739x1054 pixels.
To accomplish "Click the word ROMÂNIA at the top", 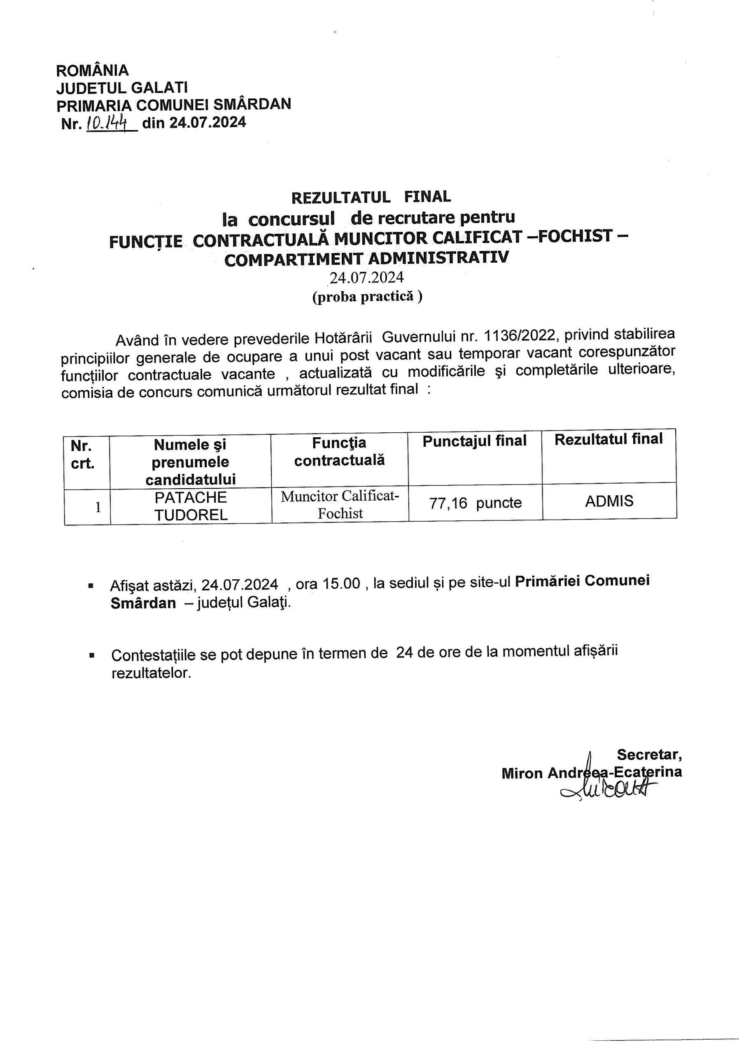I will (x=92, y=71).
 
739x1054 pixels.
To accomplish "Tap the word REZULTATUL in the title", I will (x=340, y=197).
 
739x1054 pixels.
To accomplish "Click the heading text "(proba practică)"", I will (x=367, y=297).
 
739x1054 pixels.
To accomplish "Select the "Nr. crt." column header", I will (x=83, y=454).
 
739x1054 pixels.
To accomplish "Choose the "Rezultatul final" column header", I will (x=608, y=440).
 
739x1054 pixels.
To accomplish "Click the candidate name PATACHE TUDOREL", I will (x=191, y=506).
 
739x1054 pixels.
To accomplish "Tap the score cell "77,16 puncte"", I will (x=475, y=503).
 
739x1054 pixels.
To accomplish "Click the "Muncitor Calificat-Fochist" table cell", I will (x=340, y=504).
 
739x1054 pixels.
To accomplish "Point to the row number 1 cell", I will (x=97, y=507).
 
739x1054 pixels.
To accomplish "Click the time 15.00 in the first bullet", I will (x=341, y=584).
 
